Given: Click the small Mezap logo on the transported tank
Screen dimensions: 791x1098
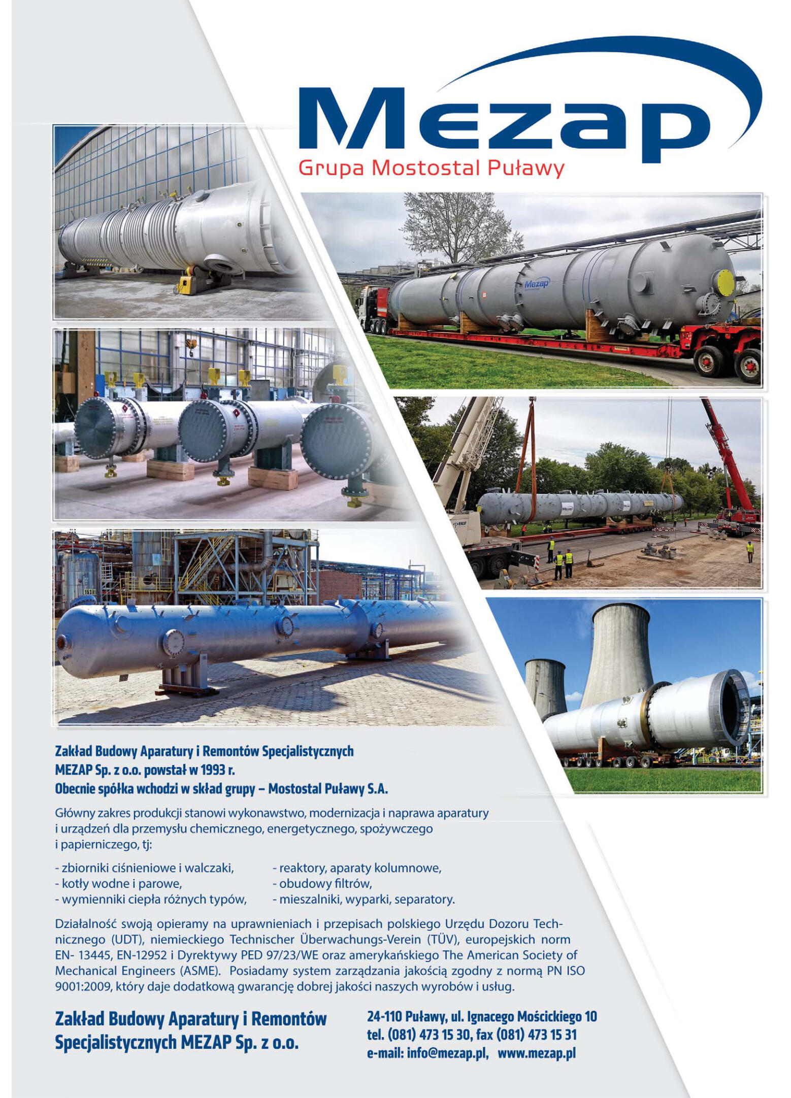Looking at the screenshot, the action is pos(536,284).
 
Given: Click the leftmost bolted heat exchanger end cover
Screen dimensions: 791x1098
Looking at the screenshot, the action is pos(99,428).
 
